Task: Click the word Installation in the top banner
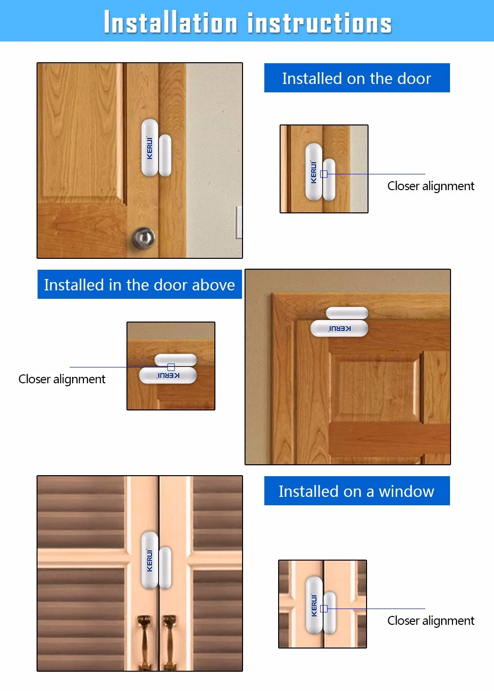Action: (170, 23)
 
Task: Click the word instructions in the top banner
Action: (319, 23)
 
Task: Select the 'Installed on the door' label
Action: (357, 78)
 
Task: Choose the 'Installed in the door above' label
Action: (139, 285)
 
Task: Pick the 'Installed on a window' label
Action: (357, 491)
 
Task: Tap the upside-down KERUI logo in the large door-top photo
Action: (340, 328)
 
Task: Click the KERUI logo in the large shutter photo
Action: (150, 561)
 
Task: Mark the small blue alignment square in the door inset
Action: (324, 174)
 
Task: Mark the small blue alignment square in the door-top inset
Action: (171, 367)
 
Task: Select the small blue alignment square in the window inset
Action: (324, 609)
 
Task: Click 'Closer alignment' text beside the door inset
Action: (430, 186)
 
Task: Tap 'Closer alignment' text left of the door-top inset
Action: (62, 379)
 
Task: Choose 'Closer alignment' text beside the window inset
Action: (430, 621)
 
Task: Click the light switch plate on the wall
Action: (239, 222)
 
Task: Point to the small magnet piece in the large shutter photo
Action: (165, 568)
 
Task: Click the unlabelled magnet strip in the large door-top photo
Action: (347, 313)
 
